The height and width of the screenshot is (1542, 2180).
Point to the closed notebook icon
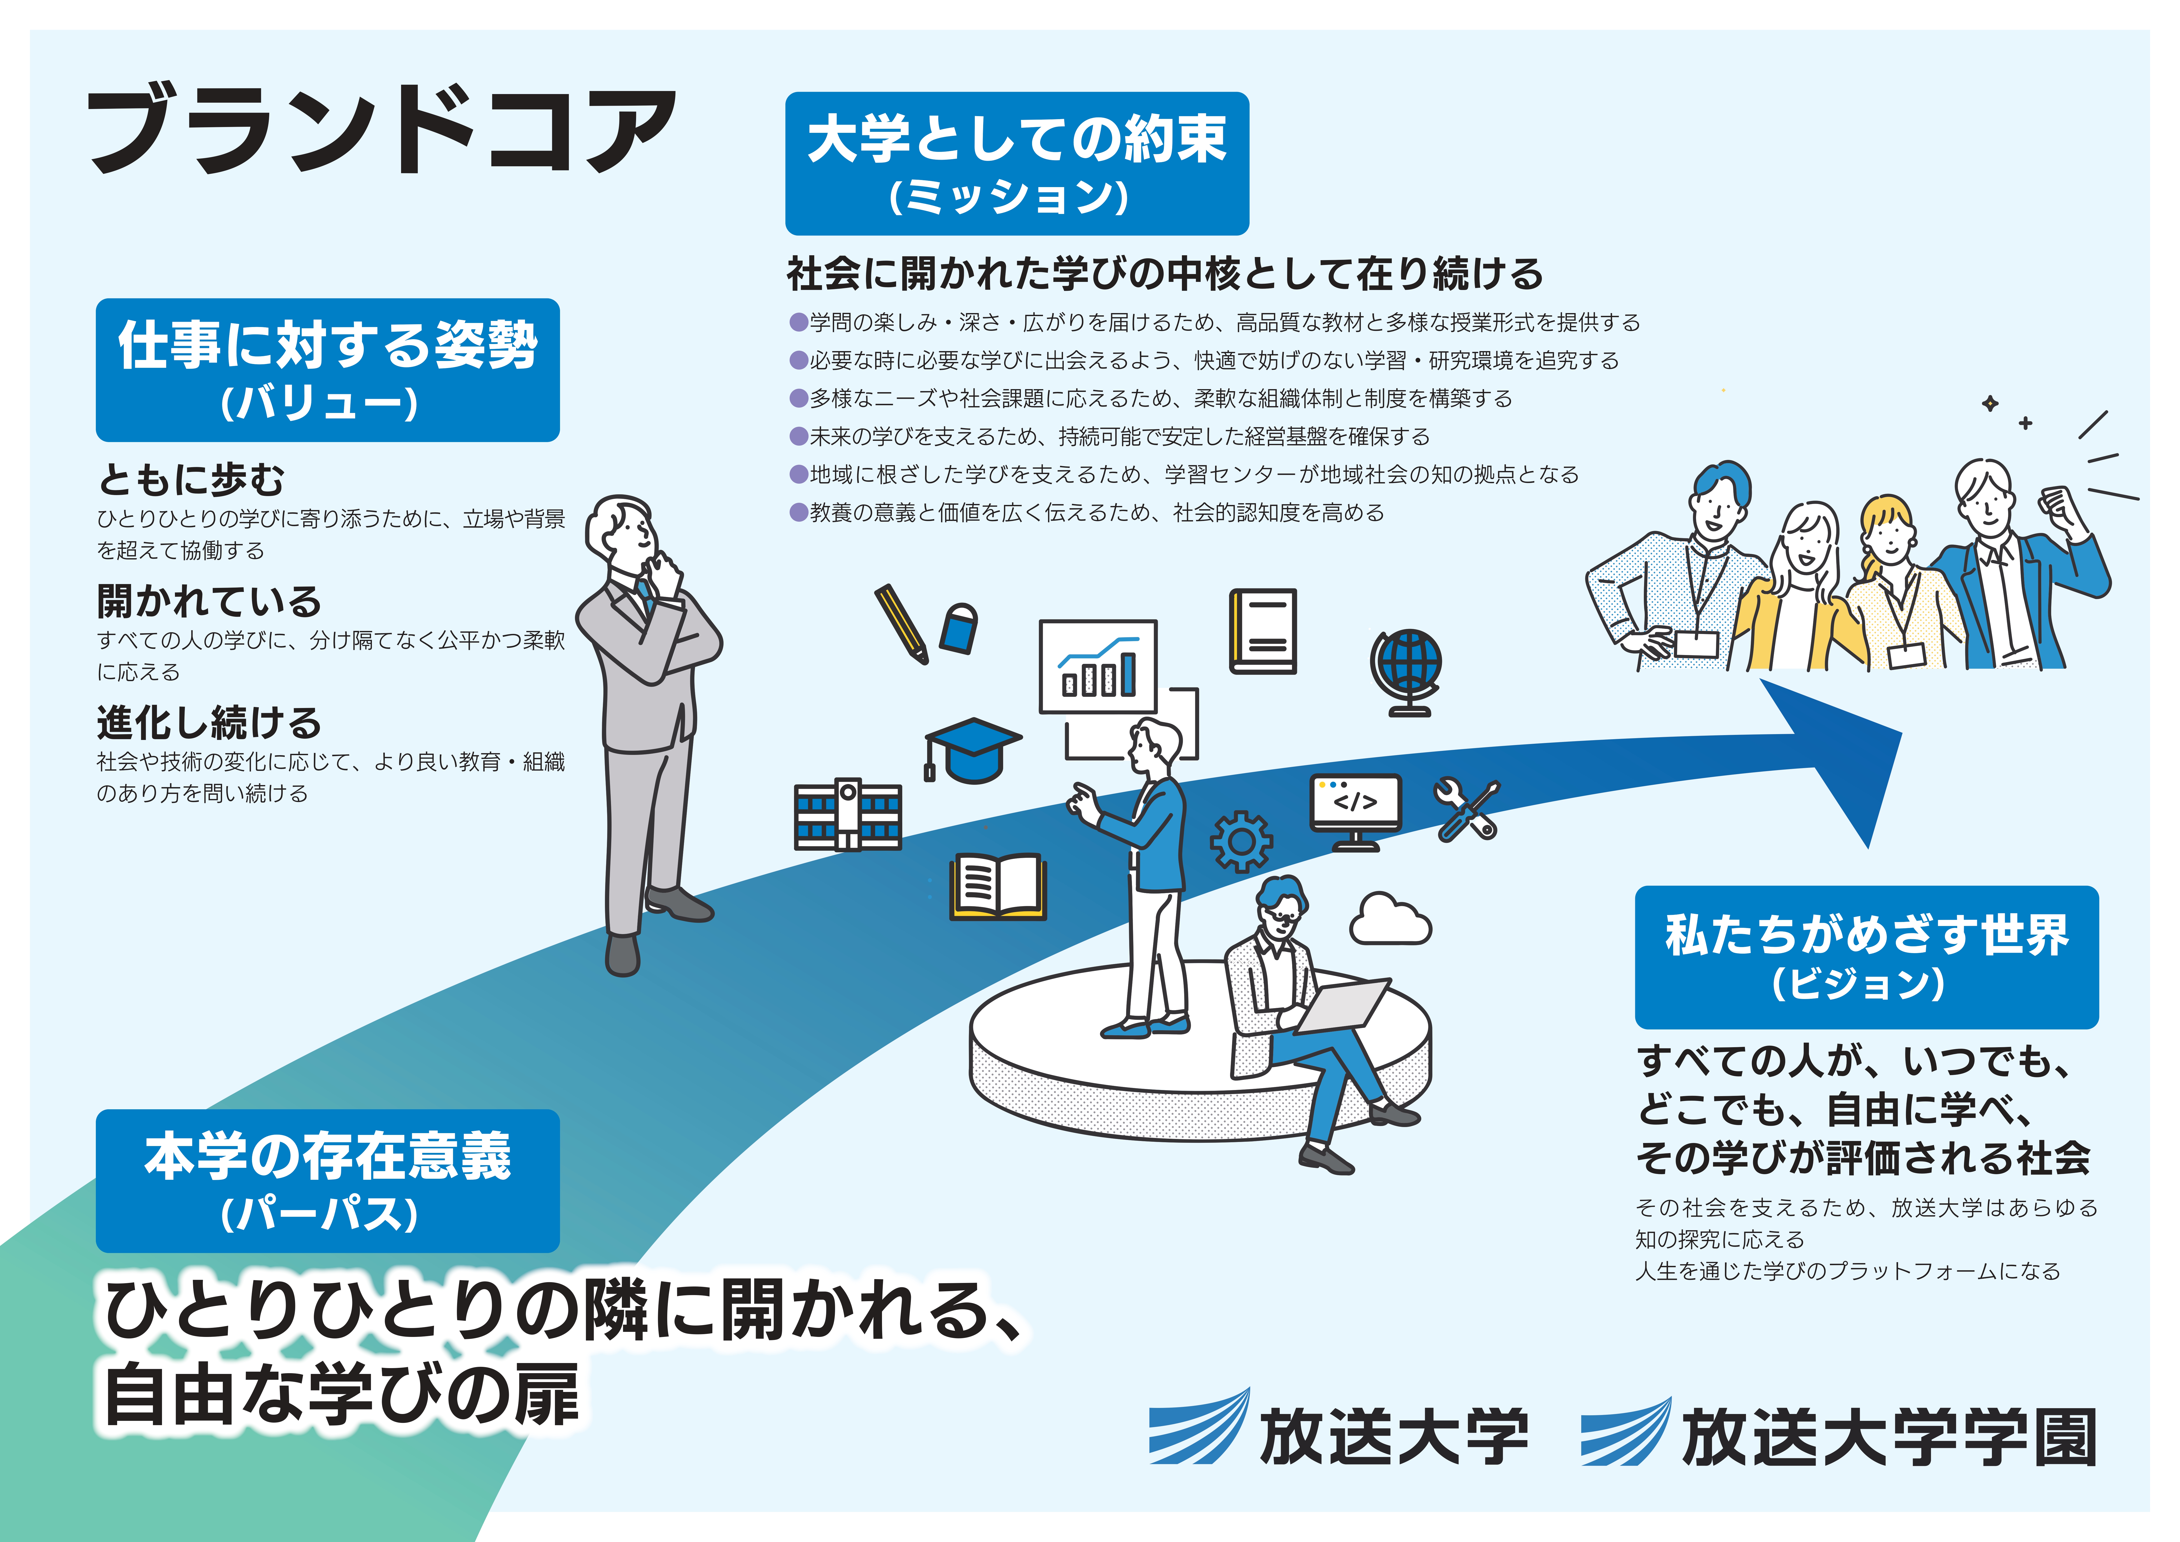(x=1263, y=631)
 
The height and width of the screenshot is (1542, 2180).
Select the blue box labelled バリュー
(x=328, y=370)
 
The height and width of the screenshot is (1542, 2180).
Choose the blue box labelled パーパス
(x=328, y=1180)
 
